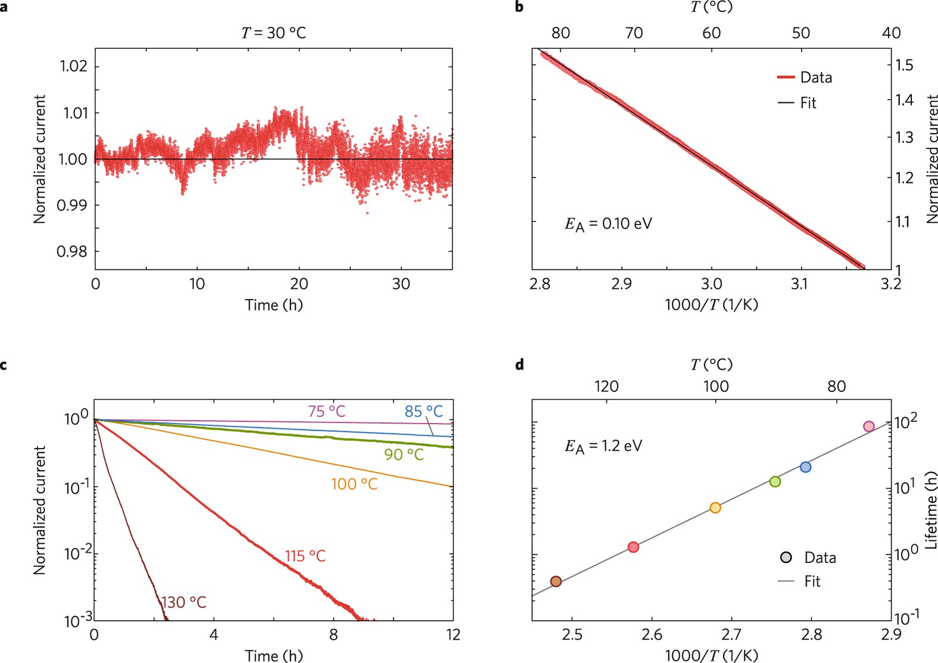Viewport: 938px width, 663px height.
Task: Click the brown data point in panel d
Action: click(556, 581)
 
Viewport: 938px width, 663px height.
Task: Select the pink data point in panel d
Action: click(869, 427)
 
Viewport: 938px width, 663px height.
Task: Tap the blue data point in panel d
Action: click(805, 467)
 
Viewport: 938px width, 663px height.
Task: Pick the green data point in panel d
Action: click(775, 481)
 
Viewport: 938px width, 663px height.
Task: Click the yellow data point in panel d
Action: click(715, 508)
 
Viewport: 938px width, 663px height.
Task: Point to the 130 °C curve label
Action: click(183, 602)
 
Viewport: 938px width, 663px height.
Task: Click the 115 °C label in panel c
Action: click(305, 556)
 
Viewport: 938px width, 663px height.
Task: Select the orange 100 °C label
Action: click(354, 484)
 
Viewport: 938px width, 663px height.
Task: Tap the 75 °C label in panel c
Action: click(326, 411)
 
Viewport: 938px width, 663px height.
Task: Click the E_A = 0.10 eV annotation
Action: click(608, 224)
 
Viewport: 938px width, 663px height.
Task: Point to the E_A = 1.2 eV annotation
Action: click(603, 446)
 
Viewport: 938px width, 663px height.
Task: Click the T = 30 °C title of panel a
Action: click(273, 33)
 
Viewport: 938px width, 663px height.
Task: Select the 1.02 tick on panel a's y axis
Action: click(73, 66)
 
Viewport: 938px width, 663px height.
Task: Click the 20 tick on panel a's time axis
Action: click(299, 284)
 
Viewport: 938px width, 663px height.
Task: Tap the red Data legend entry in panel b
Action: click(804, 77)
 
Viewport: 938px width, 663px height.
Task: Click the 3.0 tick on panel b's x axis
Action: click(711, 284)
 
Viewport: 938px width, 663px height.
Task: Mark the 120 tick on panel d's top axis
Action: click(606, 386)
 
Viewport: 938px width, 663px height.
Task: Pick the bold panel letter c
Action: click(4, 365)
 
